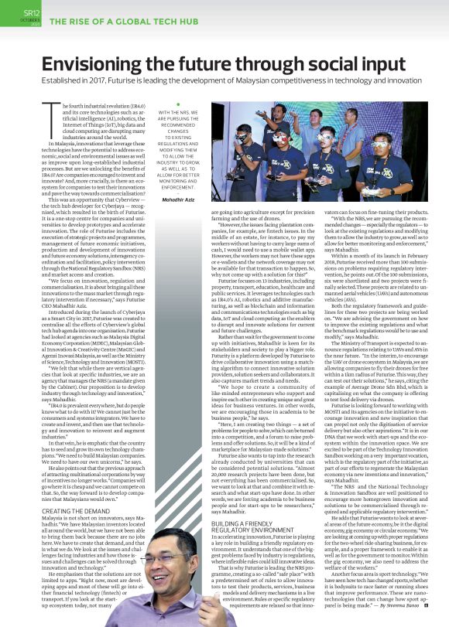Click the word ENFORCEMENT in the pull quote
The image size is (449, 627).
click(x=179, y=186)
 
